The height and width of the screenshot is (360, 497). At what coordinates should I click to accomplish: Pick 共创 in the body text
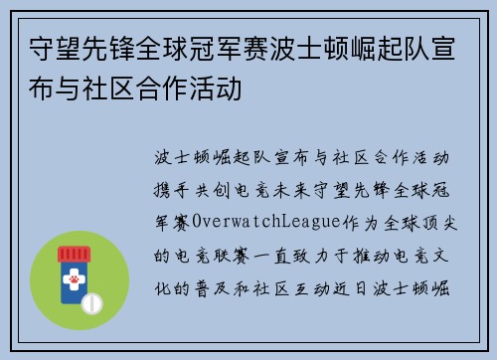tap(222, 189)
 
